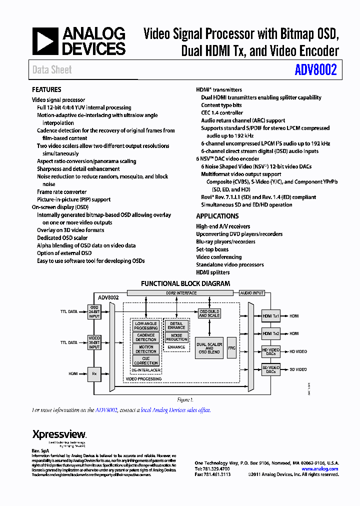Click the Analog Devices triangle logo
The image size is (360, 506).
(45, 41)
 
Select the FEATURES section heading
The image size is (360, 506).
(46, 89)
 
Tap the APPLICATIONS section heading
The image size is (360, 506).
(217, 216)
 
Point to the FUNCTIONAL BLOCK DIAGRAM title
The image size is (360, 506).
(185, 283)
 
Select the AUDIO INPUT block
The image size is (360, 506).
(251, 293)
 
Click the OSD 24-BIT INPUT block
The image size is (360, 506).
(94, 311)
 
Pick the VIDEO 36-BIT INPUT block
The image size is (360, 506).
(94, 342)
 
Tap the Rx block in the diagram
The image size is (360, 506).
(94, 373)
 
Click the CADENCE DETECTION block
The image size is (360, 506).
(146, 337)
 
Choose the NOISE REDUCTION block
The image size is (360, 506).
(176, 337)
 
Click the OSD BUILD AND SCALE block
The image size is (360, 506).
(209, 313)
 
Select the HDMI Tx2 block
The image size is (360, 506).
(271, 333)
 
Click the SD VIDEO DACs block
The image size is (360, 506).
(271, 369)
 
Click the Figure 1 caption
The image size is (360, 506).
(185, 400)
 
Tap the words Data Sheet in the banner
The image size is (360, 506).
(52, 70)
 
